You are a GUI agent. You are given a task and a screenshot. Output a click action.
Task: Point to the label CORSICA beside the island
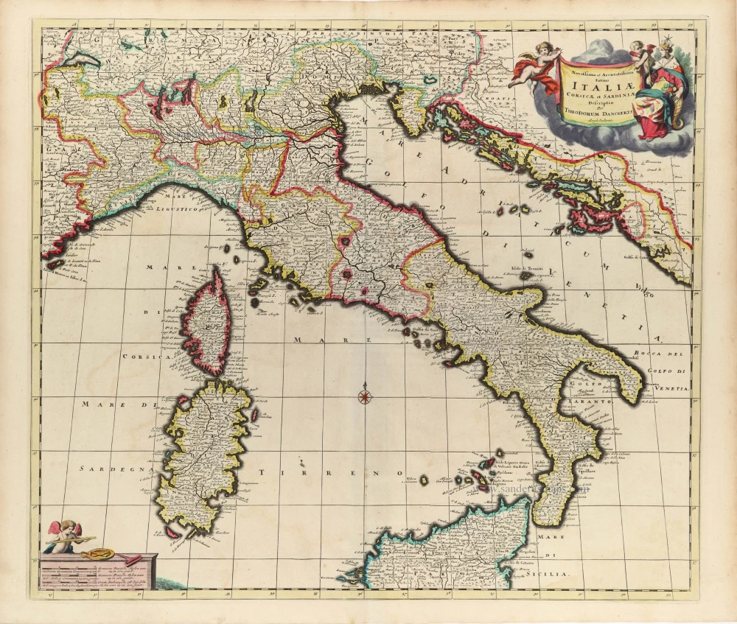pyautogui.click(x=147, y=356)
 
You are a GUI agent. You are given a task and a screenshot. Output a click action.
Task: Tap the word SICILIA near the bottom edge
pyautogui.click(x=550, y=572)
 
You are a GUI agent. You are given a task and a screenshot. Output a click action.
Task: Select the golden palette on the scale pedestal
pyautogui.click(x=93, y=552)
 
